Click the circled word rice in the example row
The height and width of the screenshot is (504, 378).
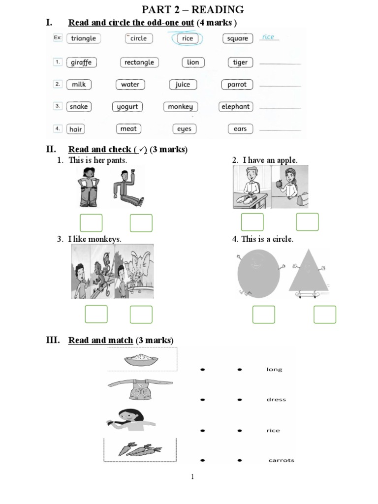187,38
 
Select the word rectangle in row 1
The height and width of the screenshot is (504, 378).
139,63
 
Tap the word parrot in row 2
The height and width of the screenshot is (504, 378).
237,85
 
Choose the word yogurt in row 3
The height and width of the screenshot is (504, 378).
127,107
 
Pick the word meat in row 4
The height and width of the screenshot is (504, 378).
128,129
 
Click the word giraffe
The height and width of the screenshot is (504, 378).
81,63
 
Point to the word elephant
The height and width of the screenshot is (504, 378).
236,107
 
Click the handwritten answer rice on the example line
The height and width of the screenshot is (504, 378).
268,37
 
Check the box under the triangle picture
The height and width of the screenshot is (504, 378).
325,315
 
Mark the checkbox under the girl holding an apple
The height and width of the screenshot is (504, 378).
307,222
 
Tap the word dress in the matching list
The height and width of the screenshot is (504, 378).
276,400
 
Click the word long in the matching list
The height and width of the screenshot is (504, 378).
274,370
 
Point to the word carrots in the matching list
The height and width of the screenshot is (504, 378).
281,461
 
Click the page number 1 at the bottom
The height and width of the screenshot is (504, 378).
192,476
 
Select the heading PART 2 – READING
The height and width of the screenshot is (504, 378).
192,9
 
